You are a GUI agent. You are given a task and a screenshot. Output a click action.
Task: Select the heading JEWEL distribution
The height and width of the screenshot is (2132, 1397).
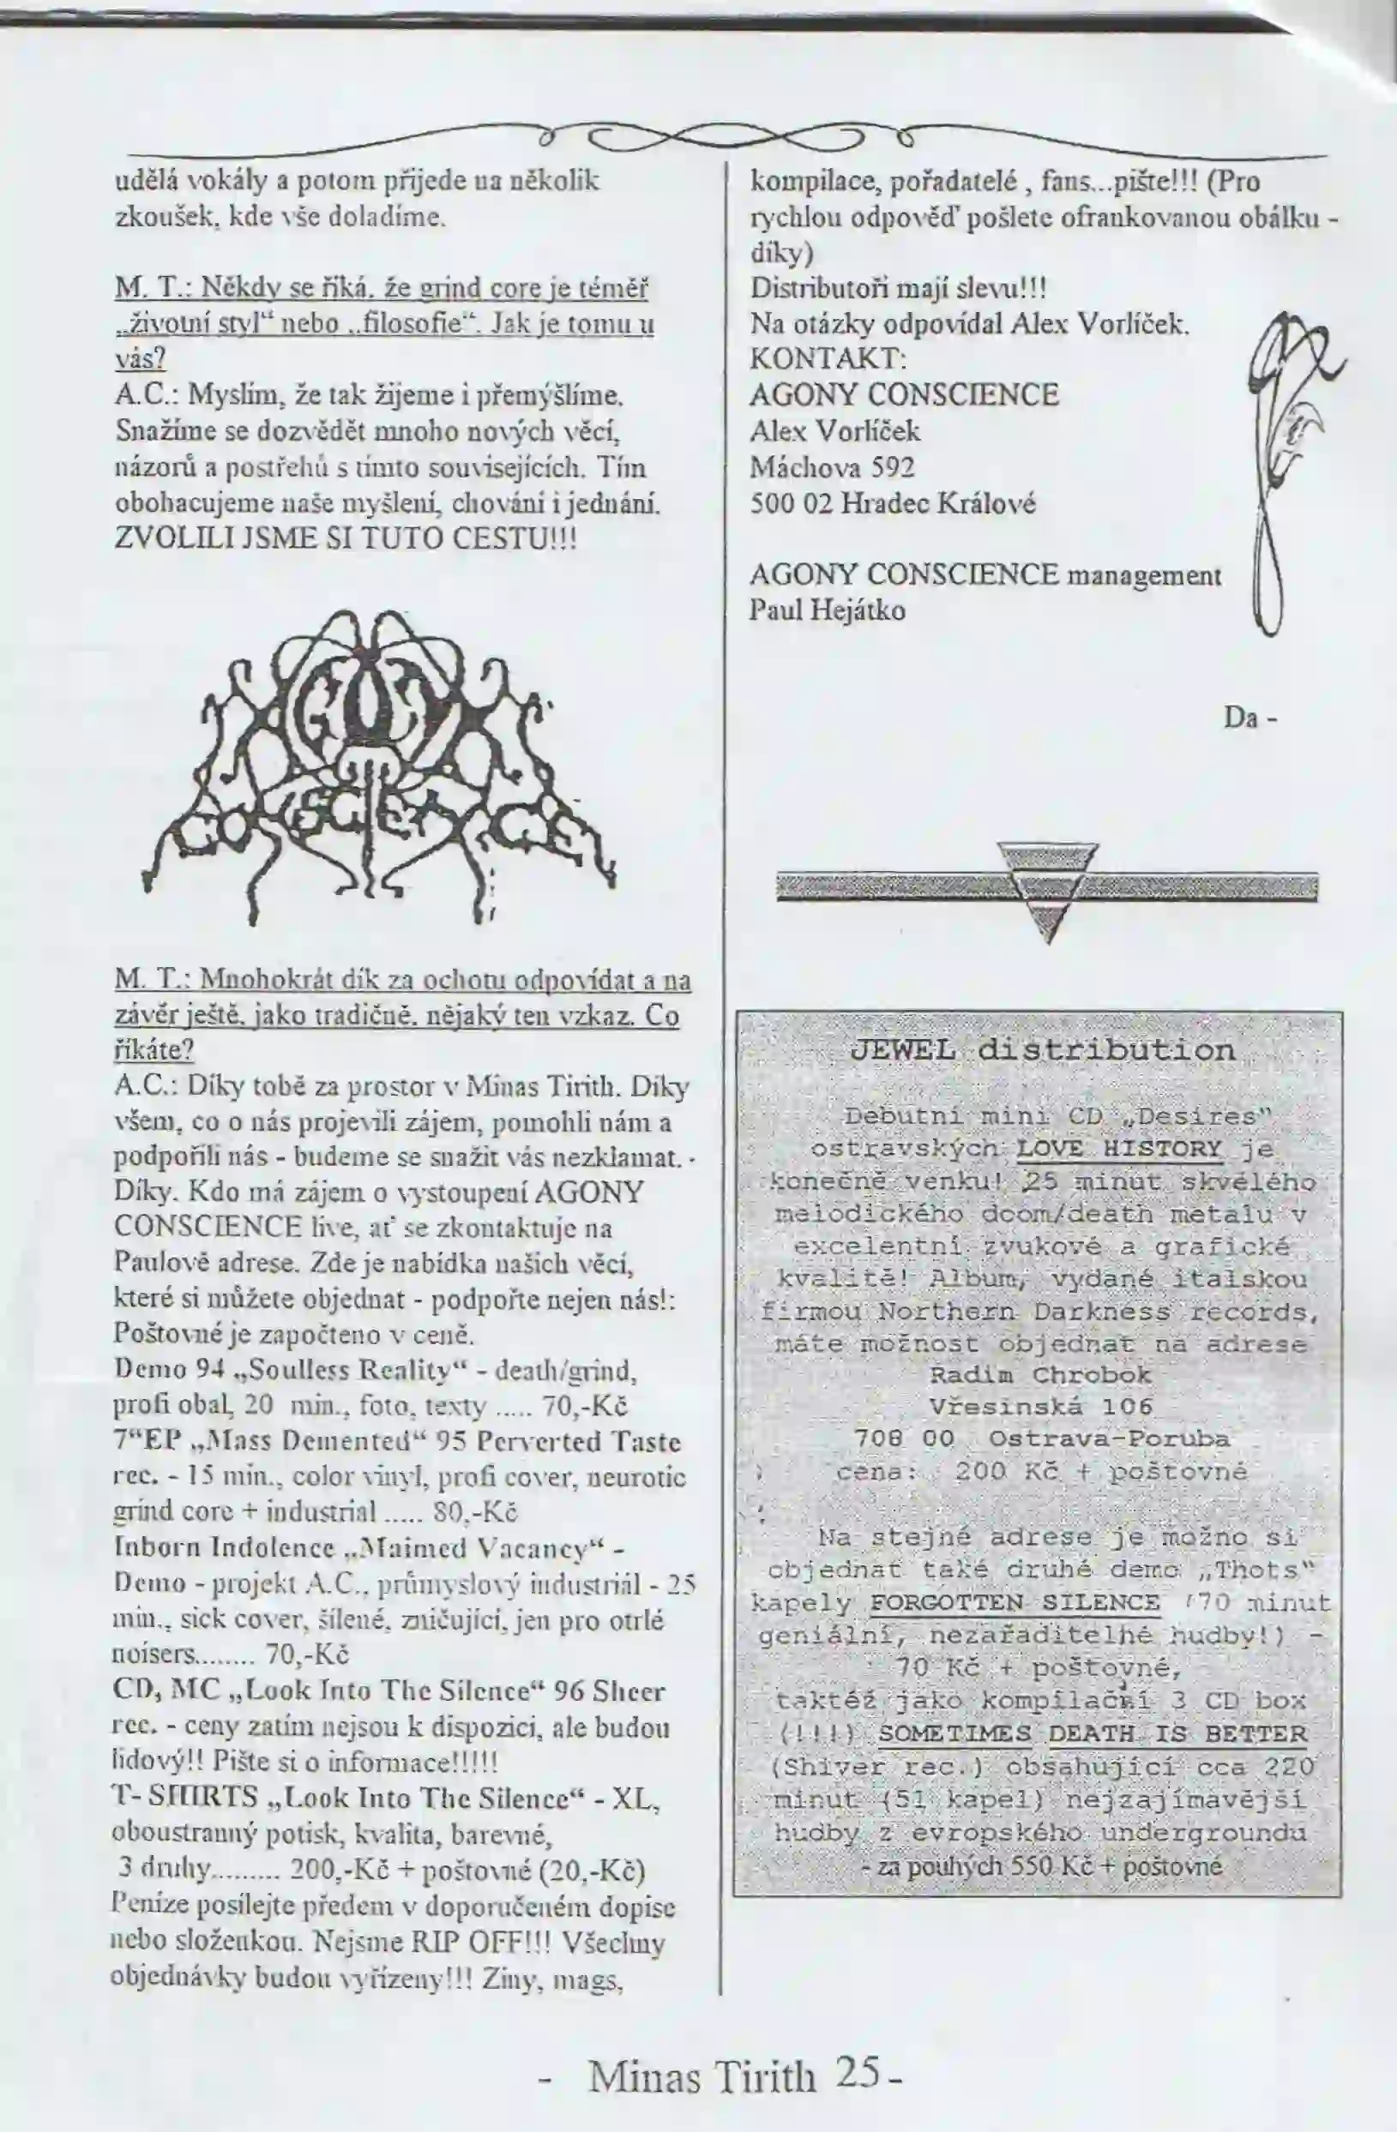click(1042, 1050)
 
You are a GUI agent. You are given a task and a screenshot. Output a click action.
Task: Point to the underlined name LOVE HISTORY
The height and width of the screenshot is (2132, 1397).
click(1120, 1150)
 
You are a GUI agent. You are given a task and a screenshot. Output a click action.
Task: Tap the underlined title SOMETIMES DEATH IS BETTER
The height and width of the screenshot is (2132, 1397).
click(1092, 1733)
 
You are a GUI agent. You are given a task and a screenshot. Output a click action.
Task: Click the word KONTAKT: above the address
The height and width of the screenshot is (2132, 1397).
click(828, 359)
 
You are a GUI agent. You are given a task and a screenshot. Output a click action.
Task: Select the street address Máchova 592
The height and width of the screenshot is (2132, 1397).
click(832, 466)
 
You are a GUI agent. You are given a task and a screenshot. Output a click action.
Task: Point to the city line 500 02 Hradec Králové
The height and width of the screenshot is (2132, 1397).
click(893, 503)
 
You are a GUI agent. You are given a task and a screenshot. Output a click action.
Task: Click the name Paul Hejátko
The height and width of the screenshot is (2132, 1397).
click(827, 611)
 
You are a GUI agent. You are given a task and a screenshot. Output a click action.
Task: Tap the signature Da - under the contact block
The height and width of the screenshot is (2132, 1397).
click(1249, 718)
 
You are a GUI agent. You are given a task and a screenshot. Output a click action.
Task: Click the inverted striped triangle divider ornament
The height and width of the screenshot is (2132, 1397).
click(1046, 890)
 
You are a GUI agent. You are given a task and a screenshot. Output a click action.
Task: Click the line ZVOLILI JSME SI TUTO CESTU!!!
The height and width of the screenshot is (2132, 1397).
click(345, 539)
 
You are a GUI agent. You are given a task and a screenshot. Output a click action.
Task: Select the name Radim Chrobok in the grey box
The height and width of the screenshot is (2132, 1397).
click(1040, 1375)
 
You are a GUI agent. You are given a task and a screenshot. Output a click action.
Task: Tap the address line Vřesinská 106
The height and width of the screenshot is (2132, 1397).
click(1040, 1407)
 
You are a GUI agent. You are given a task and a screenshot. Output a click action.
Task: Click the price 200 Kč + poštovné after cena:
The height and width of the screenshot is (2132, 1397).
click(1100, 1472)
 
